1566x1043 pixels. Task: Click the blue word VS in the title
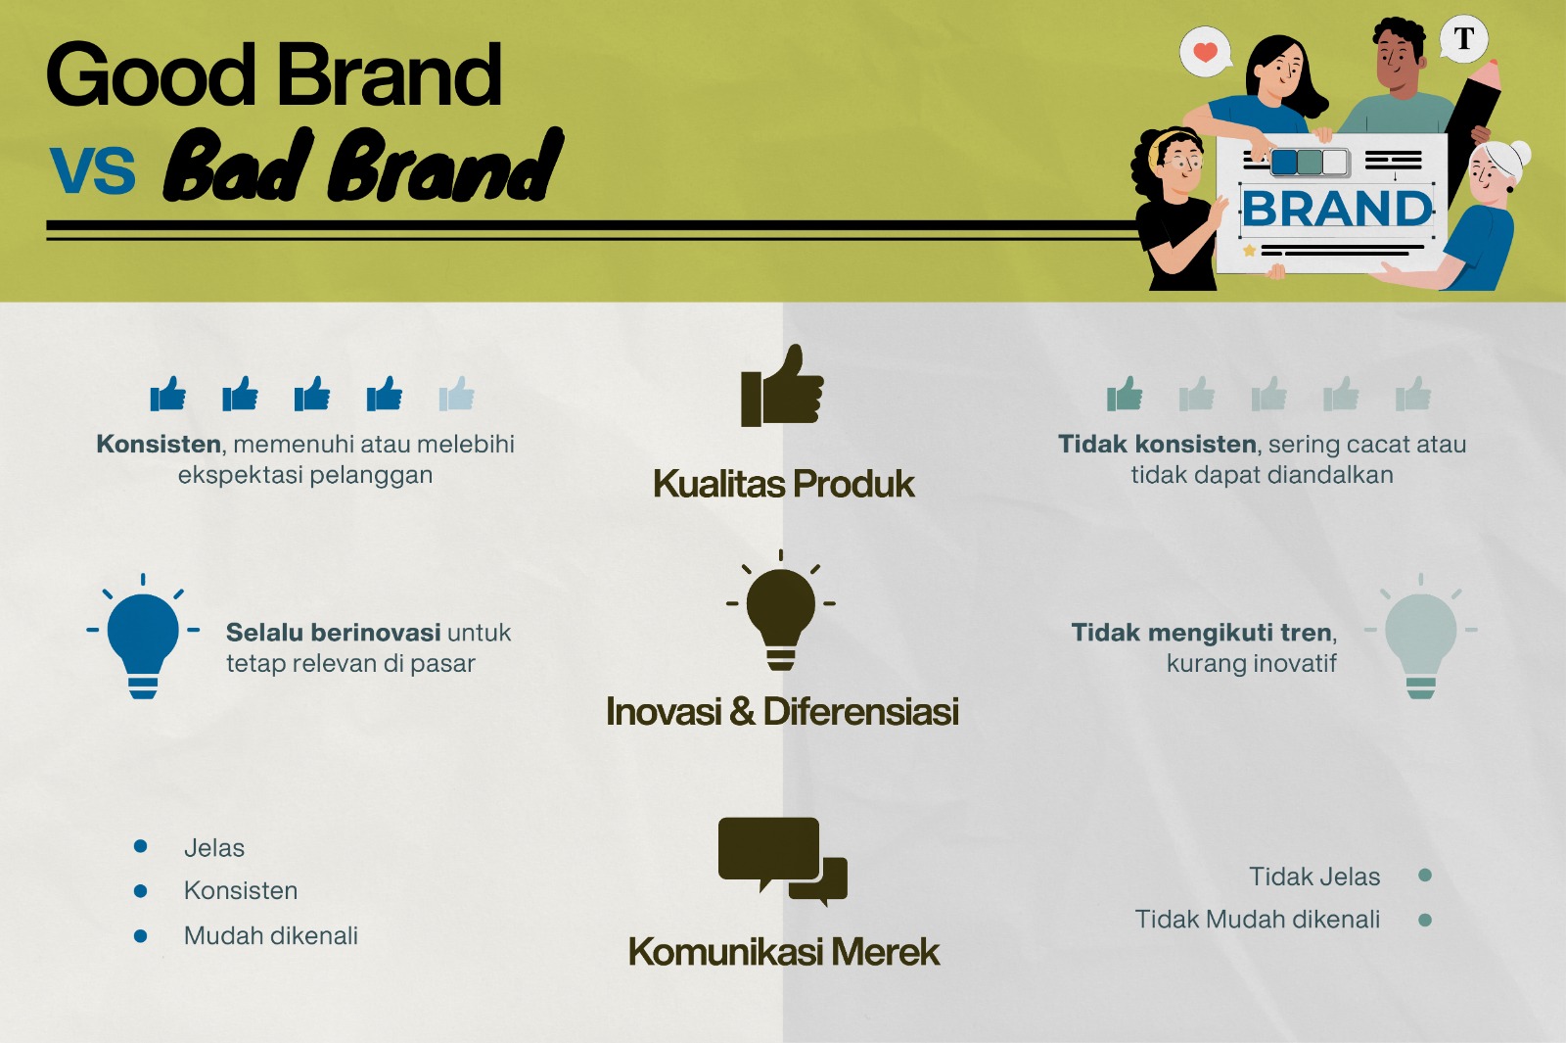(92, 170)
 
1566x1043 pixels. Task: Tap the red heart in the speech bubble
(1205, 51)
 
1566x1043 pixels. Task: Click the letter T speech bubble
(1464, 38)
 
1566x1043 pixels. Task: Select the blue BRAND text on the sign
(1337, 209)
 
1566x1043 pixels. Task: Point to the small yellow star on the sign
(1249, 250)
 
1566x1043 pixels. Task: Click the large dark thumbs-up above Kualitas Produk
(782, 386)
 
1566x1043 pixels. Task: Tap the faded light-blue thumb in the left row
(456, 393)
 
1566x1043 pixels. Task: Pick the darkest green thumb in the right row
(1125, 393)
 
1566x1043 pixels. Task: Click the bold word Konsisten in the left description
(159, 444)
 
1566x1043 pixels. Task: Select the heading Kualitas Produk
(783, 484)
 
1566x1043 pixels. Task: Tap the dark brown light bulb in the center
(781, 610)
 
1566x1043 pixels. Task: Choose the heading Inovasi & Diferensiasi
(782, 711)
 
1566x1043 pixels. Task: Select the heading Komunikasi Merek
(783, 951)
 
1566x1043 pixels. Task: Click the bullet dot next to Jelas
(141, 846)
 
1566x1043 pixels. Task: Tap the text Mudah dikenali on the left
(271, 935)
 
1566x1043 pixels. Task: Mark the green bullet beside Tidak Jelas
(1425, 876)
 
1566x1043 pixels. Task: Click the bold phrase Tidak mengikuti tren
(1201, 633)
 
